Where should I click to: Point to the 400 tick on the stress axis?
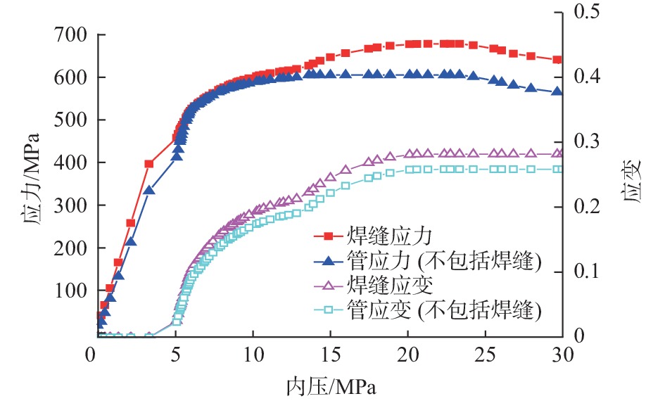70,163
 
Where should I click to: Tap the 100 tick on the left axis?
70,291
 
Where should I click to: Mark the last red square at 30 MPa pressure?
557,60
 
